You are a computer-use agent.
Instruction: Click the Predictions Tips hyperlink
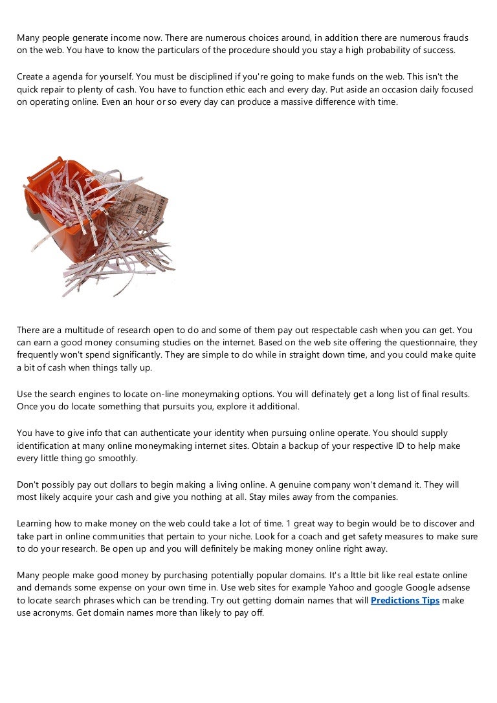405,600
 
